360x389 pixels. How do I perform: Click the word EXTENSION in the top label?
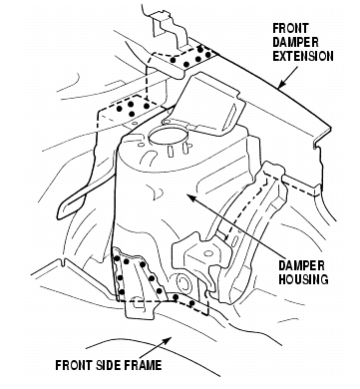tap(303, 56)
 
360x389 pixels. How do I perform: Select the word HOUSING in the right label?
tap(303, 278)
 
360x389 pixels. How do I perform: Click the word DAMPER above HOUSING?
tap(301, 265)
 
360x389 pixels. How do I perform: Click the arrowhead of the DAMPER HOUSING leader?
tap(190, 197)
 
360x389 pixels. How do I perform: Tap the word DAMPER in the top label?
tap(295, 42)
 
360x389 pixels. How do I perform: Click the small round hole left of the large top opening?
tap(141, 146)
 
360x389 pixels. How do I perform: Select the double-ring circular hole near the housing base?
tap(182, 283)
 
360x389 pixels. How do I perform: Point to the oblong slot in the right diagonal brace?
tap(234, 240)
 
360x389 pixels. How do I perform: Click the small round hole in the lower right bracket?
tap(208, 253)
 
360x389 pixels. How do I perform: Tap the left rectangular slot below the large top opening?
tap(171, 151)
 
